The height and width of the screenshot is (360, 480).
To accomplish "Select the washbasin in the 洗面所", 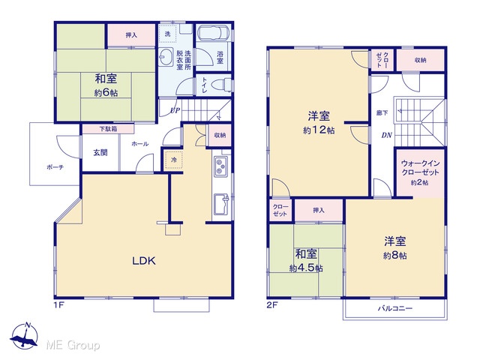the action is (x=166, y=57).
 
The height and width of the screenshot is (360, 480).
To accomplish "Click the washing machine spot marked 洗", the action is (x=167, y=34).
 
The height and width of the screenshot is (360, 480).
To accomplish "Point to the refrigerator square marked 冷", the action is (x=174, y=160).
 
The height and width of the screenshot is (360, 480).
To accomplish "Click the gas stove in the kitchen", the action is (x=220, y=166).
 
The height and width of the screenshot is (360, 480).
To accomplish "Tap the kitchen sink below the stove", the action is (x=221, y=205).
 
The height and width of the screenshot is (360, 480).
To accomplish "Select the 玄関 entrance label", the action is (x=100, y=152).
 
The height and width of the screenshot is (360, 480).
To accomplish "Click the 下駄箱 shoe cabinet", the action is (x=108, y=129).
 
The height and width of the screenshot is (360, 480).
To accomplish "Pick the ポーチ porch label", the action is (x=55, y=167).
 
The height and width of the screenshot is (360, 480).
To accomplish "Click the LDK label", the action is (x=144, y=260).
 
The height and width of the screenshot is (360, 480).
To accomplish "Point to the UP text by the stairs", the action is (x=175, y=110).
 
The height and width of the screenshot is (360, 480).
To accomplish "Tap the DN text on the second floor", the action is (x=387, y=135).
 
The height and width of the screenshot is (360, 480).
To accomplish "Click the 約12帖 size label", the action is (x=319, y=130).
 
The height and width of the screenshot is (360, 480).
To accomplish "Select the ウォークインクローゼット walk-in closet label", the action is (x=420, y=168).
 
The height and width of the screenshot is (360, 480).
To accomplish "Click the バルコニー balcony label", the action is (x=395, y=308).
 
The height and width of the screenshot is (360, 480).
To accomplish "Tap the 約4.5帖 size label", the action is (x=306, y=268).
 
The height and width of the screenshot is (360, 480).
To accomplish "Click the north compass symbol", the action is (x=25, y=336).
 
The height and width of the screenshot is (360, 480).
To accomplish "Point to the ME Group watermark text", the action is (x=73, y=345).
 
